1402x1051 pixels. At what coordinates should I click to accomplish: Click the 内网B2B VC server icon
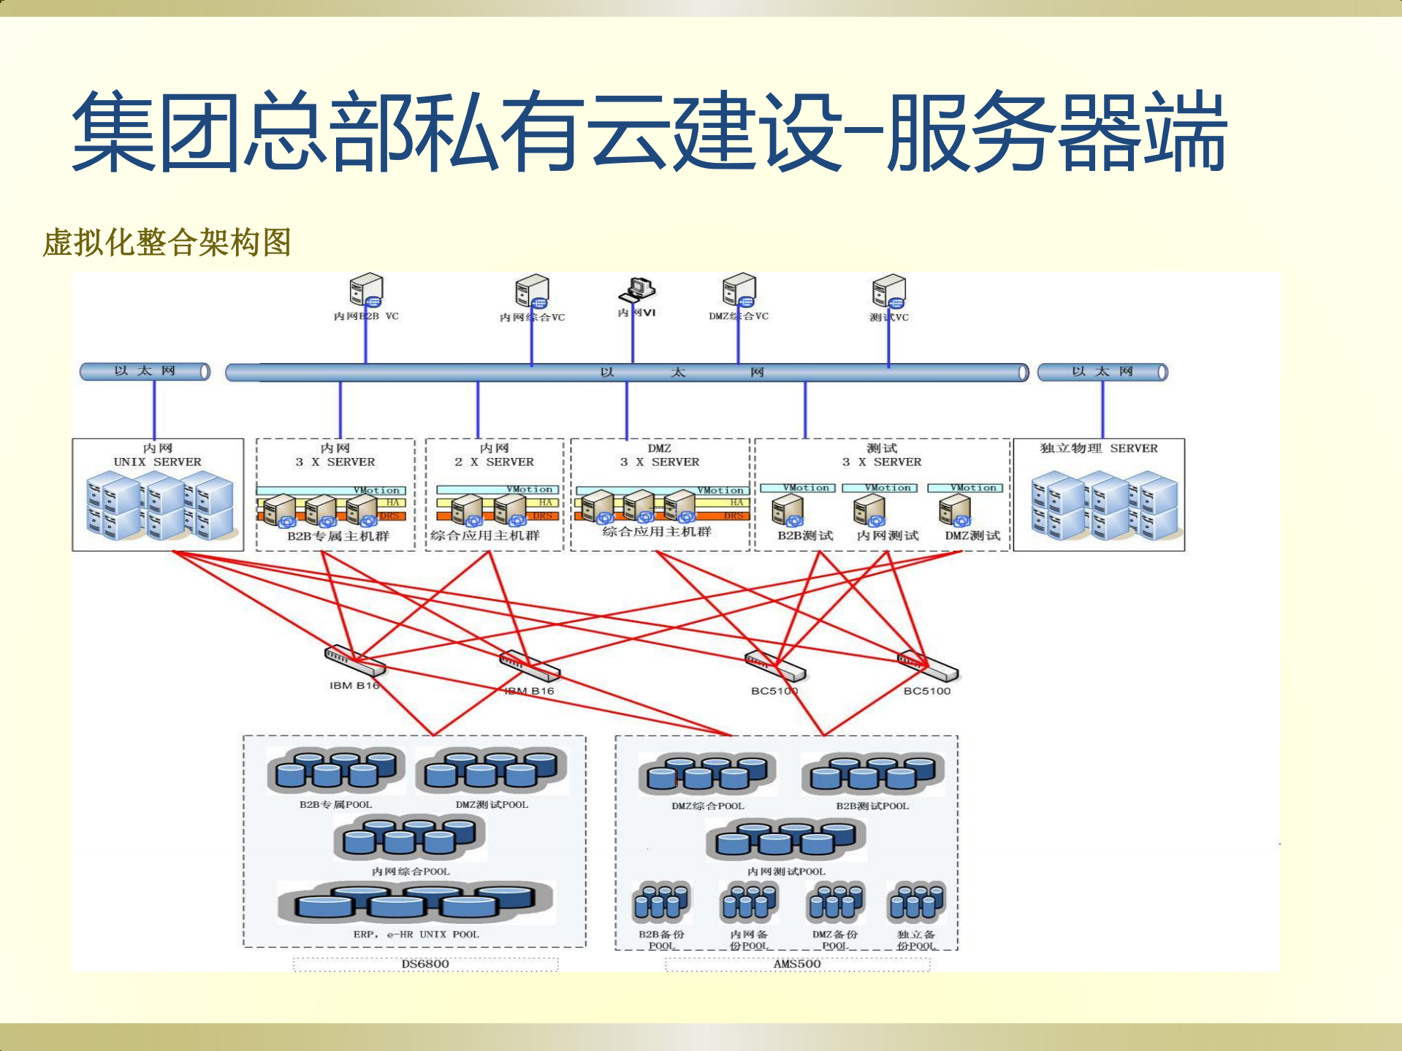[x=366, y=291]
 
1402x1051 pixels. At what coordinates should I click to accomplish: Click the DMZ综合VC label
[x=738, y=316]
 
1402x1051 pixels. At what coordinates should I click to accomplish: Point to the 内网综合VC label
[x=532, y=317]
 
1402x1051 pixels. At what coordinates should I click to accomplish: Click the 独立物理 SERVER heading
[x=1098, y=448]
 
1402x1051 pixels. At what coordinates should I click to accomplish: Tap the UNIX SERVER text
[x=157, y=462]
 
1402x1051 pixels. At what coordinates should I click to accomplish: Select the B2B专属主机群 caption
[x=338, y=536]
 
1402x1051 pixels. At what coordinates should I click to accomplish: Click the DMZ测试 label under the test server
[x=972, y=535]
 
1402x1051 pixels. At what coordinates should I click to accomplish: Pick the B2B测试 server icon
[x=788, y=510]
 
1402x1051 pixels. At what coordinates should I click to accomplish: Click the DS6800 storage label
[x=424, y=964]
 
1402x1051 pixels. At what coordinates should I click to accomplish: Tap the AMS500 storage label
[x=796, y=964]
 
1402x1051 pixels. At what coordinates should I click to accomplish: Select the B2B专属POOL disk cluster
[x=336, y=771]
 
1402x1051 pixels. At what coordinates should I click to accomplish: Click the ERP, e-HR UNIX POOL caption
[x=416, y=934]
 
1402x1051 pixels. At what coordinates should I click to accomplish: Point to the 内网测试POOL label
[x=785, y=871]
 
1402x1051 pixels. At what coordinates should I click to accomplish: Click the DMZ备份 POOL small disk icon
[x=835, y=902]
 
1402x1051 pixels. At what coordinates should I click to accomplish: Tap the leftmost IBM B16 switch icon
[x=354, y=661]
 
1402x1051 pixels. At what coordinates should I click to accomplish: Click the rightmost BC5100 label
[x=926, y=691]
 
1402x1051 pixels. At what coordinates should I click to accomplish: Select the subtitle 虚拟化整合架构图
[x=167, y=242]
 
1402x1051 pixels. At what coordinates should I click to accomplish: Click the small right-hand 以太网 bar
[x=1102, y=372]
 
